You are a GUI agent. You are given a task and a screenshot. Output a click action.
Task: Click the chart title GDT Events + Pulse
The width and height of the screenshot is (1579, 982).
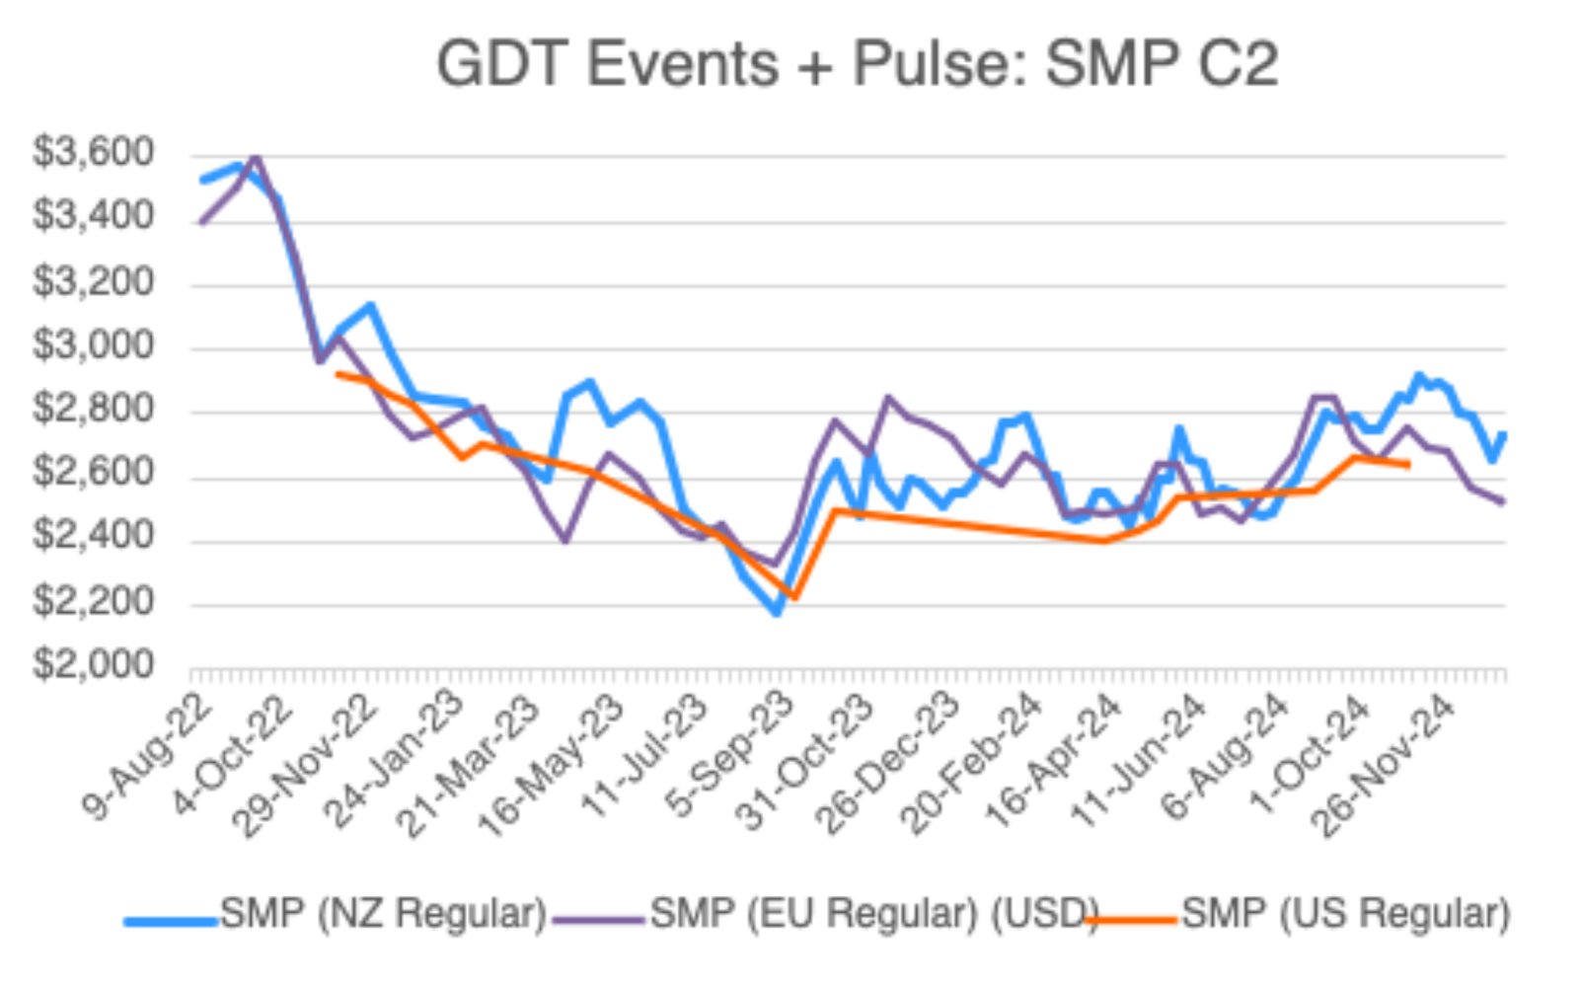tap(857, 65)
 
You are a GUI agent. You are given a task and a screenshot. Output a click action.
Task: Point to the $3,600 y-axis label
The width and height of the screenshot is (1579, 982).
tap(94, 153)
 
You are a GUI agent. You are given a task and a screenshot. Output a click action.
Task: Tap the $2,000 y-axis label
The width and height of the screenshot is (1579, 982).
tap(94, 665)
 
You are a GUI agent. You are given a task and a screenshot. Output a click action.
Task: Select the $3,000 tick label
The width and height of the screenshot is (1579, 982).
tap(94, 345)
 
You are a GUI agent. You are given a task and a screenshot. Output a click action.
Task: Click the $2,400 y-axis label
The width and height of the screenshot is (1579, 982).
tap(94, 536)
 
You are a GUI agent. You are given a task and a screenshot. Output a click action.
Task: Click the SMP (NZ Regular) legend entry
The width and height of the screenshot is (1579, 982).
tap(383, 914)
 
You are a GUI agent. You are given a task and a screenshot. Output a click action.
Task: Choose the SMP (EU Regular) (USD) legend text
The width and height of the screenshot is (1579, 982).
tap(874, 914)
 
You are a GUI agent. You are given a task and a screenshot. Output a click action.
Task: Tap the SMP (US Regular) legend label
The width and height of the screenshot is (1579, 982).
tap(1345, 914)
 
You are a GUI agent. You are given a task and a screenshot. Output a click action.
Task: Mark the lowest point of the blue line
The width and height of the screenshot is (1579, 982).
tap(778, 613)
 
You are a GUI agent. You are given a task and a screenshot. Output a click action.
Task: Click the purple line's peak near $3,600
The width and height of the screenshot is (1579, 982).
tap(257, 157)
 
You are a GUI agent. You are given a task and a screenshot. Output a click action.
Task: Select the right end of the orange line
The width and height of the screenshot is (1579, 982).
tap(1407, 464)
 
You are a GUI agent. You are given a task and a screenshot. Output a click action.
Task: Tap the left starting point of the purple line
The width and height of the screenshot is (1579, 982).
tap(201, 222)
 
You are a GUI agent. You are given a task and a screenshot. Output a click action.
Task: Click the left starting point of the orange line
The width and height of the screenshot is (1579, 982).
tap(338, 373)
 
